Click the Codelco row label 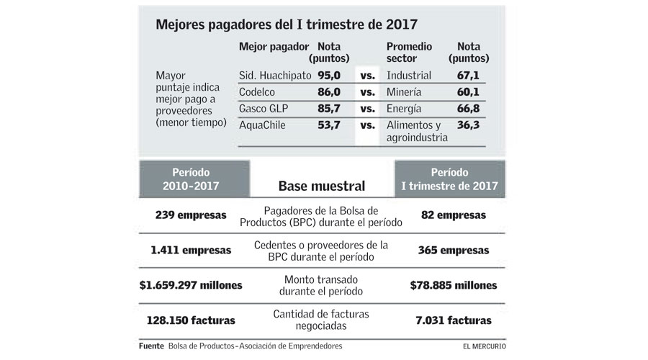pos(257,92)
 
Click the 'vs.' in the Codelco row pos(368,92)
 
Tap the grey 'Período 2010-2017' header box pos(191,179)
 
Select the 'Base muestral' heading pos(321,186)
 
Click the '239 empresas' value pos(191,215)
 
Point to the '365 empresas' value pos(453,251)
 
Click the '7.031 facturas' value pos(453,320)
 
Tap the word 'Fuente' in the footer pos(150,346)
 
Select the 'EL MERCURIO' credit pos(484,346)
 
